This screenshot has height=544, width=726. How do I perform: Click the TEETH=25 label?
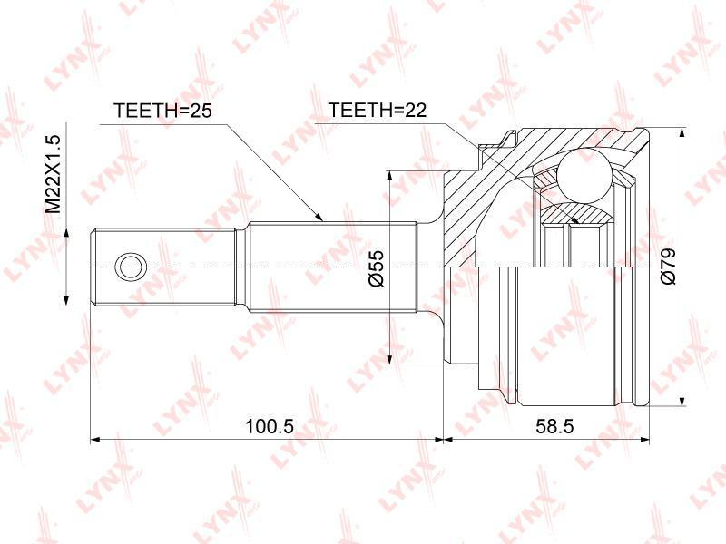point(162,110)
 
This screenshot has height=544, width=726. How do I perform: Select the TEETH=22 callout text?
point(377,110)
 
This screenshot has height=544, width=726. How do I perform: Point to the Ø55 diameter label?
point(378,268)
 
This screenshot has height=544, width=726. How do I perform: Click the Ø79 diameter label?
point(668,266)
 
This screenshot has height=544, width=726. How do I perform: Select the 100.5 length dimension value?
point(269,425)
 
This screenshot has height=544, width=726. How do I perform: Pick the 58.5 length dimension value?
point(554,425)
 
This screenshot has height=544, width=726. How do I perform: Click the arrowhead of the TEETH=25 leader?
point(319,217)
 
